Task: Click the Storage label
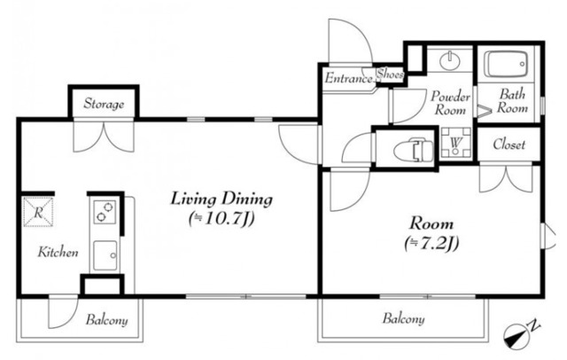tap(104, 104)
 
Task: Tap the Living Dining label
tap(221, 200)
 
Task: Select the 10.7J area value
tap(222, 218)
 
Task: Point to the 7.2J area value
tap(431, 243)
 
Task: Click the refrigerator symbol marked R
tap(38, 212)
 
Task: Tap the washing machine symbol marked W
tap(455, 142)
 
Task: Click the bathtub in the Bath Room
tap(506, 65)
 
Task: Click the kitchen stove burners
tap(105, 212)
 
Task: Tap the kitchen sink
tap(105, 255)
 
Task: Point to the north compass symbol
tap(517, 334)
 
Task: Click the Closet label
tap(509, 145)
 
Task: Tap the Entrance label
tap(348, 78)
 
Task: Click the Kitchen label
tap(58, 252)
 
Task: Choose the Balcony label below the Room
tap(404, 319)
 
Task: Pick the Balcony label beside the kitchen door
tap(106, 321)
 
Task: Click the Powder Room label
tap(450, 103)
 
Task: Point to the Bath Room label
tap(512, 101)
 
